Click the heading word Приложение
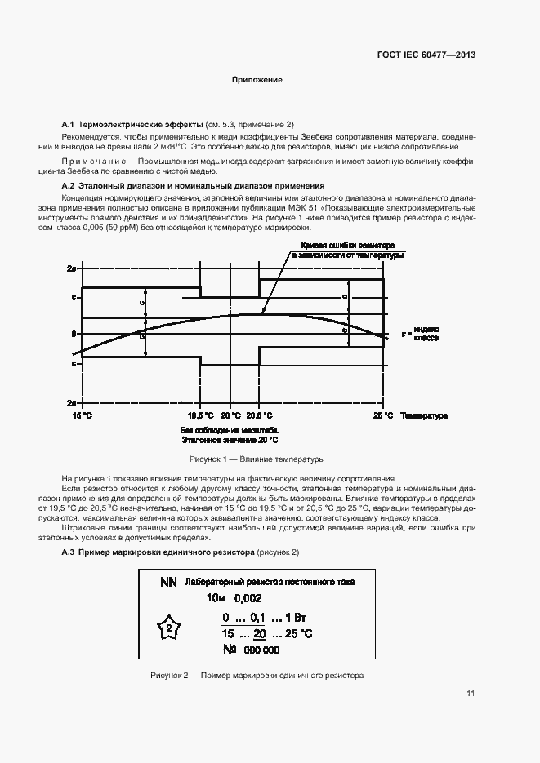[x=257, y=81]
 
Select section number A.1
[x=69, y=121]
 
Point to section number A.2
[x=69, y=186]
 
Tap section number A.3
[x=69, y=552]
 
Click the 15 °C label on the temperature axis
[x=83, y=416]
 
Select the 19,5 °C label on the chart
[x=201, y=416]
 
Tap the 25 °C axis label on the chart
[x=384, y=416]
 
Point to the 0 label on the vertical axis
[x=74, y=334]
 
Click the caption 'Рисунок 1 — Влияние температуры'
[x=257, y=459]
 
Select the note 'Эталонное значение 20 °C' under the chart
[x=230, y=438]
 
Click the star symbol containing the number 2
[x=168, y=629]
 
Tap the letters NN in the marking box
[x=168, y=582]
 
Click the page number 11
[x=471, y=694]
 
